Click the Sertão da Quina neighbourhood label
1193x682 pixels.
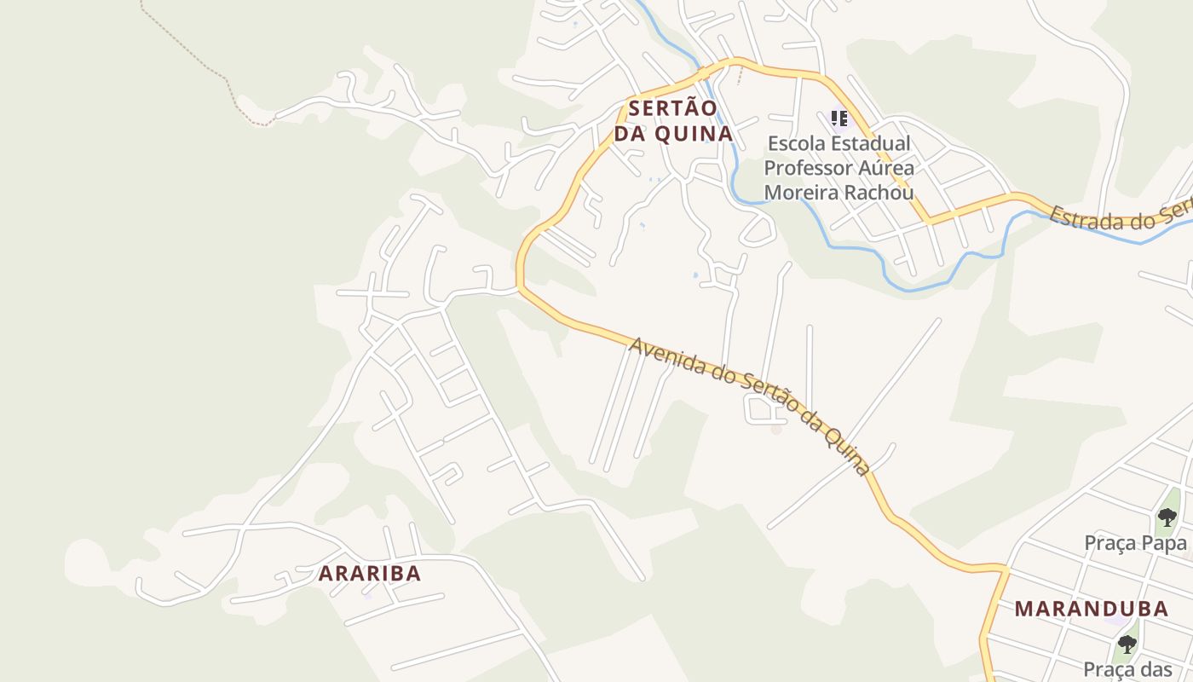[673, 121]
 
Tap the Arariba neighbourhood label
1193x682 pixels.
[370, 574]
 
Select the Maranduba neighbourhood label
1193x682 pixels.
[1091, 609]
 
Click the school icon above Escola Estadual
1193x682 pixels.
[839, 118]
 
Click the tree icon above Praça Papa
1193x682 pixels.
[1167, 517]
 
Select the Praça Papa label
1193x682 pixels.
[1135, 543]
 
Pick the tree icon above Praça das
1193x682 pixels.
[1127, 644]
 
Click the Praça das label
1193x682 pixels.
[1127, 670]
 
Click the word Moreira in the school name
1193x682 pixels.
[798, 192]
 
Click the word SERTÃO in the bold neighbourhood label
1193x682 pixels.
[673, 108]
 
